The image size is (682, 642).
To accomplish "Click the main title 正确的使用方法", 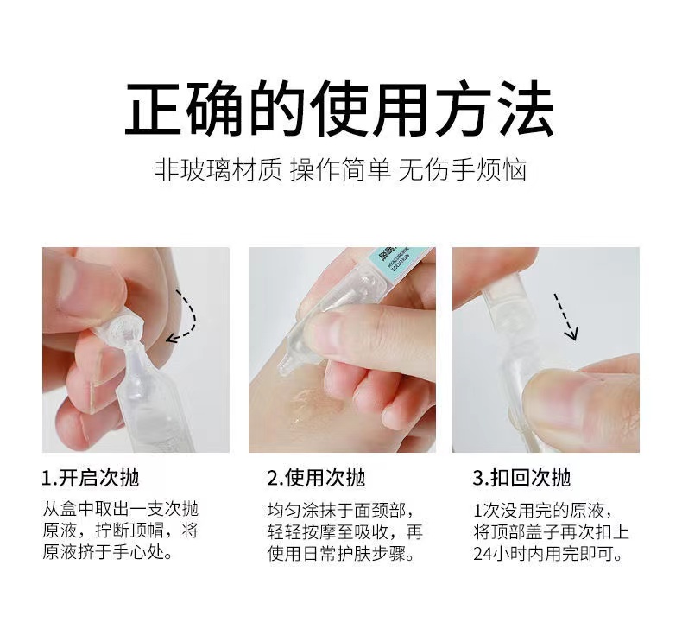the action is tap(339, 107).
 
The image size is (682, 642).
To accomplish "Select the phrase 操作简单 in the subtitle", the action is tap(340, 169).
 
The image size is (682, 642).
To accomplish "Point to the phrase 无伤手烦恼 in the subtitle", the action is tap(463, 169).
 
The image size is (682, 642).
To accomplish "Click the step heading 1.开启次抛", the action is tap(91, 478).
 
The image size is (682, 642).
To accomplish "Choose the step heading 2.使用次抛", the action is tap(316, 478).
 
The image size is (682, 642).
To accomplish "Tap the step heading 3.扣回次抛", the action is tap(521, 478).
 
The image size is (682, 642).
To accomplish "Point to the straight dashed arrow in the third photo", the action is tap(565, 316).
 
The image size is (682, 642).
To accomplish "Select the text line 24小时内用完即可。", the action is tap(548, 554).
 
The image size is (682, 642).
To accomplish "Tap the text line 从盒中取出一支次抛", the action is tap(121, 509).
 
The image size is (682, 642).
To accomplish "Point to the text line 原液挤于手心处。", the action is tap(108, 552).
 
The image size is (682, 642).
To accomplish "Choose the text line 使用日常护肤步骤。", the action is tap(341, 554).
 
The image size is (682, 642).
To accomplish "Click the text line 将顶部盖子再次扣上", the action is tap(552, 532).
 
